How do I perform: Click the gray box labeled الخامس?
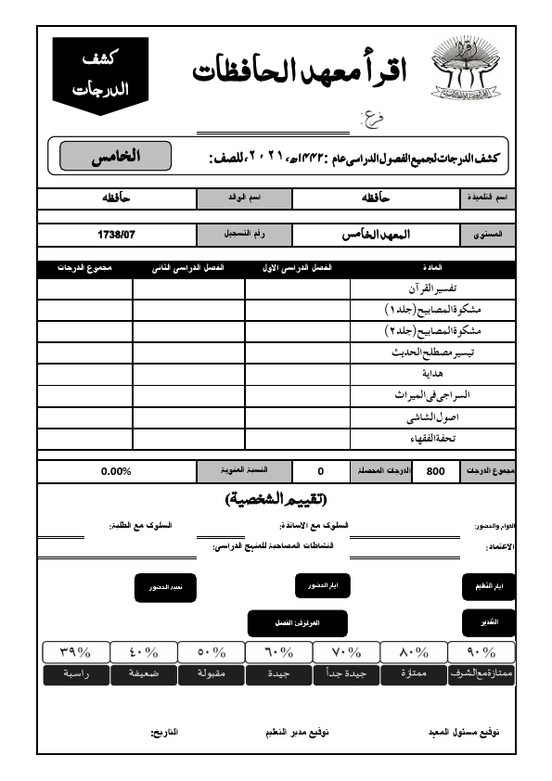point(115,156)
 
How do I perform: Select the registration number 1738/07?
point(116,235)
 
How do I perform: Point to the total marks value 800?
point(435,471)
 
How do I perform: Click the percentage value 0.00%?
point(116,471)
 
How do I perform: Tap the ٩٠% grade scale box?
point(481,651)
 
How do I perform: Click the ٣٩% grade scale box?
point(76,651)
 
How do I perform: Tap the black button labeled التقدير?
point(488,621)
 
